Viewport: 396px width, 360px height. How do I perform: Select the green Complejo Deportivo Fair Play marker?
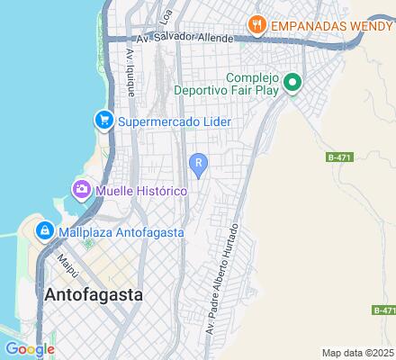(292, 84)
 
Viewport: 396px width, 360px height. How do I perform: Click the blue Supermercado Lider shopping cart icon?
(104, 121)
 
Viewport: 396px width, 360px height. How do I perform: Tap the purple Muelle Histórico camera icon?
(81, 191)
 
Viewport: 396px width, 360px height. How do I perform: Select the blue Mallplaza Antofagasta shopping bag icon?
(43, 231)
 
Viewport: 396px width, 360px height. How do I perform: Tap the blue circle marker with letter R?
(198, 162)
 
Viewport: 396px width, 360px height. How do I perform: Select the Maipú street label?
(66, 265)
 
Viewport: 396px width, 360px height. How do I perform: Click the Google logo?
(30, 348)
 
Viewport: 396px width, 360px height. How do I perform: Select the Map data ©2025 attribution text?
(358, 353)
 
